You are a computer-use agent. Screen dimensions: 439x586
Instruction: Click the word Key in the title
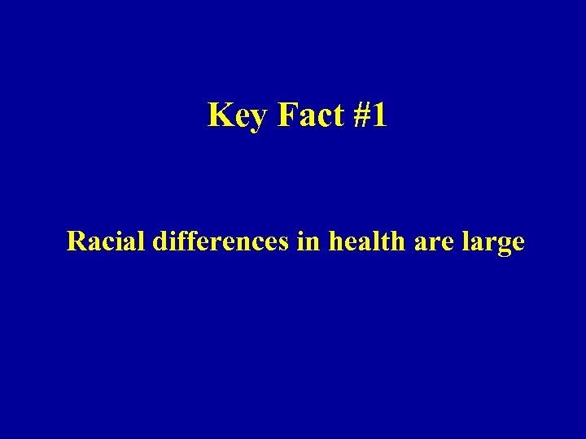[238, 116]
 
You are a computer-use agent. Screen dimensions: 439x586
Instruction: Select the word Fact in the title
[311, 115]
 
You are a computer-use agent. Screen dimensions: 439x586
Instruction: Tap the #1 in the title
[370, 115]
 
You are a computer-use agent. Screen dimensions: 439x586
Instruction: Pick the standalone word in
[309, 241]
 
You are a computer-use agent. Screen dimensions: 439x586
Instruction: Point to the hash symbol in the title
[362, 115]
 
